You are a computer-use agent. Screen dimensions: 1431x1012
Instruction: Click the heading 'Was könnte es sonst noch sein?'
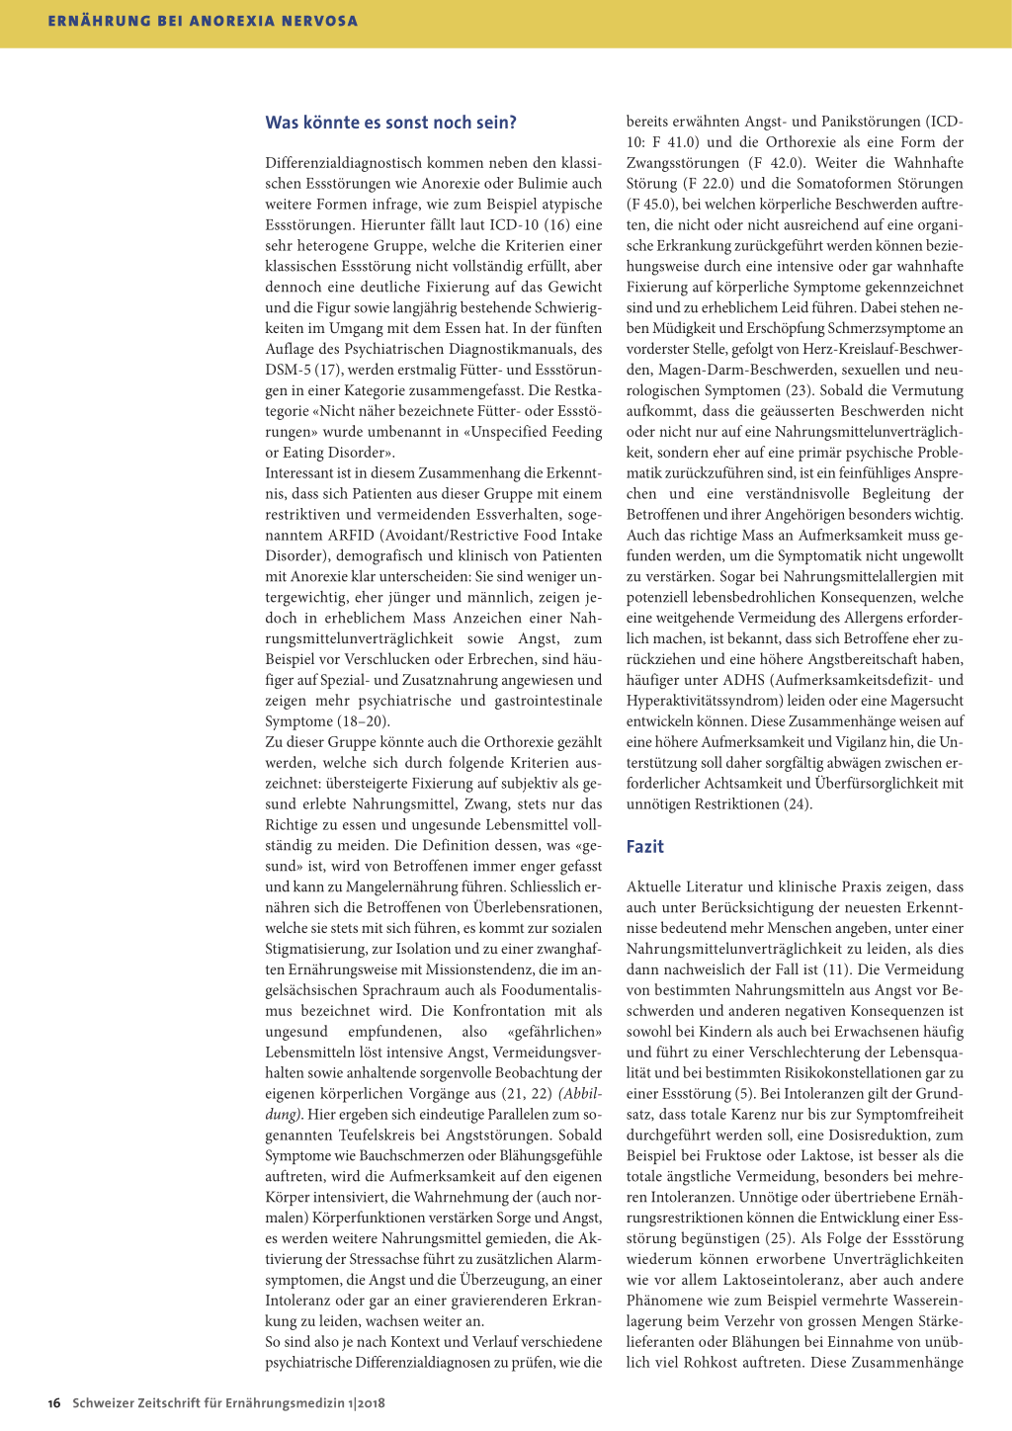(390, 123)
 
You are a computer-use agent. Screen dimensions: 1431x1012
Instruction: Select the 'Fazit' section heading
(644, 846)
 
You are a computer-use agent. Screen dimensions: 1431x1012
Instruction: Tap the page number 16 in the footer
(54, 1402)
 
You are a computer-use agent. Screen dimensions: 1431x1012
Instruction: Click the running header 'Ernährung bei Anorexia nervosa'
(203, 21)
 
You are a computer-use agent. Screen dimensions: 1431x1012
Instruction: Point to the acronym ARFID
(352, 535)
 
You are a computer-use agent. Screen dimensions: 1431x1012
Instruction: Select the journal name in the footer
(228, 1402)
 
